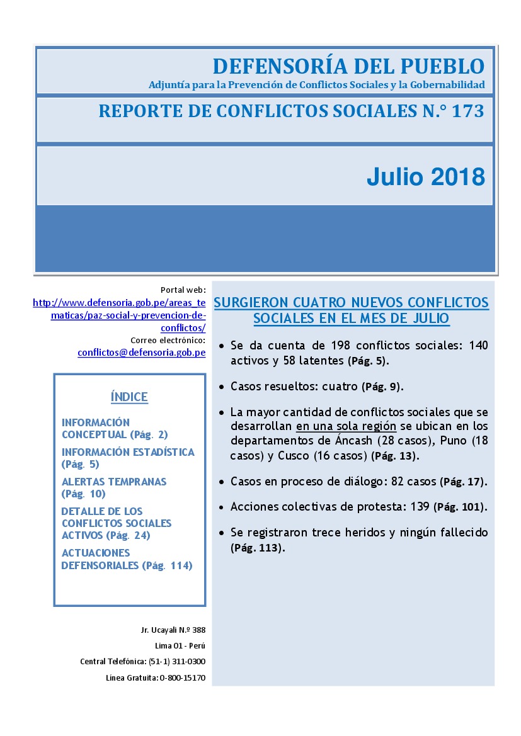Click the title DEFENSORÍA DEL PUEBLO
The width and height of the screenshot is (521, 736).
(x=348, y=65)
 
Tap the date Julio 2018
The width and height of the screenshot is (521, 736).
(x=425, y=177)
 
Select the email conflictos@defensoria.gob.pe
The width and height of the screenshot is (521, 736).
(x=142, y=353)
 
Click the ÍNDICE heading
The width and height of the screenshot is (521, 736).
(x=129, y=397)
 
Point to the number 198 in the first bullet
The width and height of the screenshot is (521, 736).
(x=342, y=345)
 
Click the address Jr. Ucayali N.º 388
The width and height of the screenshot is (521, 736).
(x=173, y=630)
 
